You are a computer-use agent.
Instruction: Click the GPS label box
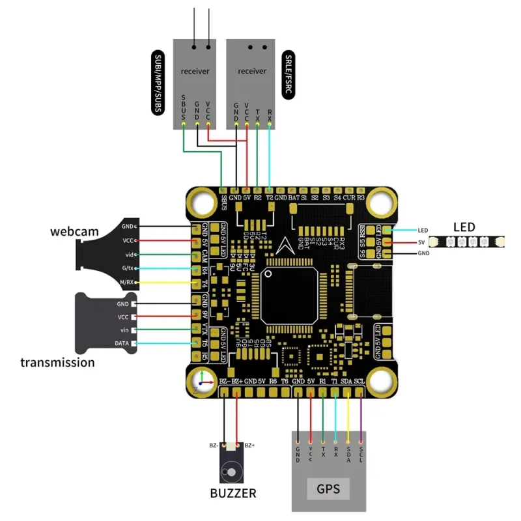328,488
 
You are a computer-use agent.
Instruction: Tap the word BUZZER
233,493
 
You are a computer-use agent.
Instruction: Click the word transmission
57,362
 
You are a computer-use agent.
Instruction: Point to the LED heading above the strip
464,227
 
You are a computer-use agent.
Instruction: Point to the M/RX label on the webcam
126,282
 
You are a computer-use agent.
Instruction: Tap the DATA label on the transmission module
122,343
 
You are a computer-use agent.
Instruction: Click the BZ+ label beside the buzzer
249,445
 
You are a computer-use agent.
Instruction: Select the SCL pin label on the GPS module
361,451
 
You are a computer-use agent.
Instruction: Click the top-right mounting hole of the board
382,201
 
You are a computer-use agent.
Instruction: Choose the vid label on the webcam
129,254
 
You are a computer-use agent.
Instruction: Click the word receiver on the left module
195,71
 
